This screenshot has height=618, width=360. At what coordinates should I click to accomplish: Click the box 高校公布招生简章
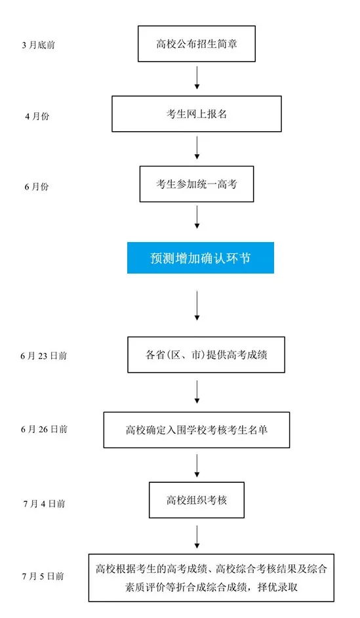click(197, 44)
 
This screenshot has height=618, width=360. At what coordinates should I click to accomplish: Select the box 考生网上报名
click(197, 114)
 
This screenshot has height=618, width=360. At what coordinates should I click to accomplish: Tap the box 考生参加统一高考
click(197, 184)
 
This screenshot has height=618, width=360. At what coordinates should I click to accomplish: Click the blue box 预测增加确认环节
click(201, 258)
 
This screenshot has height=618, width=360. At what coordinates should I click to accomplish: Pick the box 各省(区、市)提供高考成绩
click(206, 355)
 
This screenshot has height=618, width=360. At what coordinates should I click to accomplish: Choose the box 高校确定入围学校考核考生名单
click(197, 430)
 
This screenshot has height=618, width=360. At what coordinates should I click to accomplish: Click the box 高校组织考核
click(197, 500)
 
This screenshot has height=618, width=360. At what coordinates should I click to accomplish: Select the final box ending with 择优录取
click(211, 578)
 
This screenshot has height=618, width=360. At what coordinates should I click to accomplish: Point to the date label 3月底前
click(38, 45)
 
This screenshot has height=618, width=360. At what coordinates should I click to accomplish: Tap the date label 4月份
click(37, 116)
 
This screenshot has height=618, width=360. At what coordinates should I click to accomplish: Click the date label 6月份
click(37, 186)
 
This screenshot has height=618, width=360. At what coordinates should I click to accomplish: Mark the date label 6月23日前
click(44, 356)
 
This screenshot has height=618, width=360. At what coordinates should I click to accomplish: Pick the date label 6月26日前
click(44, 429)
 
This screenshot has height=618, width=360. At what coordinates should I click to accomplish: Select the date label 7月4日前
click(44, 504)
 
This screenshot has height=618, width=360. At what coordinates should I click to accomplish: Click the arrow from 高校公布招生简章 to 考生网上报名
click(197, 77)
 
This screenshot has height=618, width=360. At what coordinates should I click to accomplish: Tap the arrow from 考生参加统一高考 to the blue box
click(197, 217)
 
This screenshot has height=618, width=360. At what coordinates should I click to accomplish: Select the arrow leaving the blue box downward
click(197, 306)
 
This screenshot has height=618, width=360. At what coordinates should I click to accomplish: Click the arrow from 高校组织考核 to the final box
click(197, 537)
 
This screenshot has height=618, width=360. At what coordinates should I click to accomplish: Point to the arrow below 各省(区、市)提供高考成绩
click(197, 392)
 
